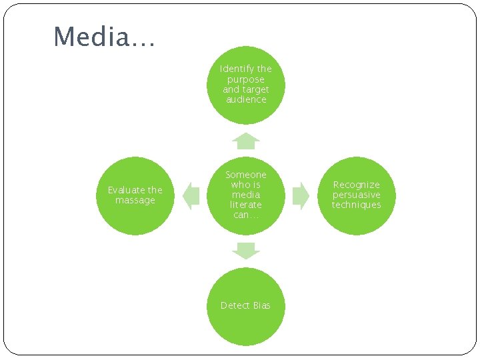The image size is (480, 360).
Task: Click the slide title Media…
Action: click(104, 37)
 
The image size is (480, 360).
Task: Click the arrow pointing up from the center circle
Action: click(246, 141)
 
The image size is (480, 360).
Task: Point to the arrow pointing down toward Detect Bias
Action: click(246, 251)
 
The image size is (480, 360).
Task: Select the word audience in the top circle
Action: click(246, 99)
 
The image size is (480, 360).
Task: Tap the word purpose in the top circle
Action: click(246, 79)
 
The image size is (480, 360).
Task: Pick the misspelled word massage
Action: click(135, 200)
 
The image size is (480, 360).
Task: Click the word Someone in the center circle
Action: click(246, 175)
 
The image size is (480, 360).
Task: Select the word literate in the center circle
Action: click(246, 205)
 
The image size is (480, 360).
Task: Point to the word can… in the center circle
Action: click(246, 215)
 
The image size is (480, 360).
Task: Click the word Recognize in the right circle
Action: click(356, 185)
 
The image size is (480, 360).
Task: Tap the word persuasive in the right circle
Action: click(356, 195)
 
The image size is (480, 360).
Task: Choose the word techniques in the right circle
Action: click(356, 205)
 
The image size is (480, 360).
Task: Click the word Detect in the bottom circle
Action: click(235, 305)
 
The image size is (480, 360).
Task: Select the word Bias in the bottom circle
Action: click(262, 305)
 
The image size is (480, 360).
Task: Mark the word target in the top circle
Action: click(256, 89)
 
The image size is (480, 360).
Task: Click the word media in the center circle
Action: click(246, 195)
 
